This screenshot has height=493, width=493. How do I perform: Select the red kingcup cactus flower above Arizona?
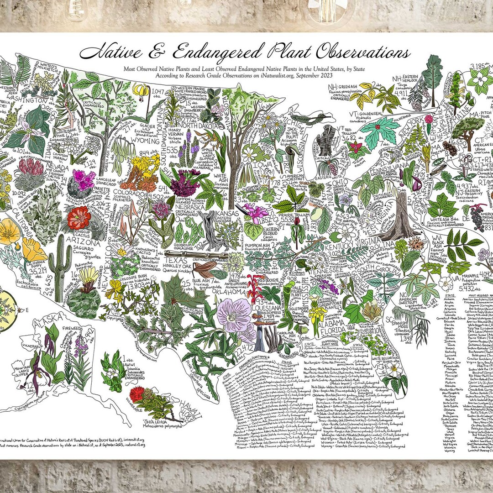tap(79, 218)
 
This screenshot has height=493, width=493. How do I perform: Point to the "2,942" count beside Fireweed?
tap(89, 334)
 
